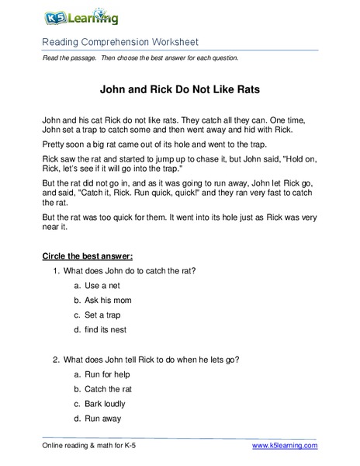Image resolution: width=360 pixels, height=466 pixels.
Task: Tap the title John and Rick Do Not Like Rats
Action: [x=179, y=89]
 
